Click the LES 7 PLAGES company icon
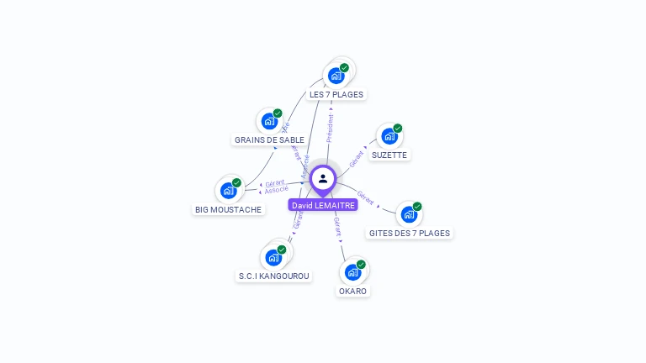click(x=337, y=75)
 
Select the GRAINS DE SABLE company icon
click(x=269, y=121)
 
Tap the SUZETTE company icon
click(x=389, y=135)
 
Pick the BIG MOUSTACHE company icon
click(x=229, y=190)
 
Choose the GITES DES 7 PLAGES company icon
click(x=409, y=213)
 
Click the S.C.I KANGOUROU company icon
click(x=274, y=256)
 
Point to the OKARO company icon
click(x=353, y=271)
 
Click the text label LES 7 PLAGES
click(x=336, y=95)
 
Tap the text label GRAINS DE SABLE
click(x=269, y=140)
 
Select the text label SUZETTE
click(x=389, y=155)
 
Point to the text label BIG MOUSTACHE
click(x=229, y=210)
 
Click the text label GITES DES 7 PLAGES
click(x=410, y=234)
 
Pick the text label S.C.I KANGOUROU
click(x=274, y=276)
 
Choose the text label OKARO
click(x=353, y=292)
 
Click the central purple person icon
click(x=323, y=178)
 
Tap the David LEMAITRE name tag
click(x=323, y=205)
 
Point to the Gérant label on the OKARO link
click(x=337, y=225)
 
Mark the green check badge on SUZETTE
click(x=398, y=129)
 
